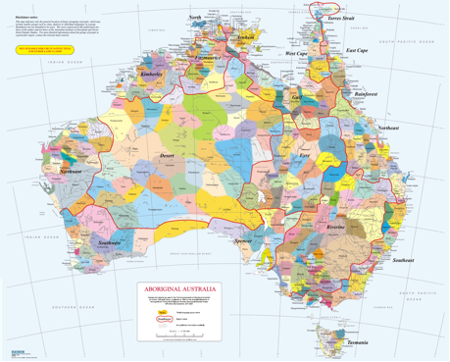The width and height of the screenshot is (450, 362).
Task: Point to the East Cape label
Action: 358,49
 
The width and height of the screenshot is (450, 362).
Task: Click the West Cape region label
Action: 295,55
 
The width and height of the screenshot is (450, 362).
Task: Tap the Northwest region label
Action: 70,172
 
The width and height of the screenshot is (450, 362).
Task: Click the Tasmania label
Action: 357,342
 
